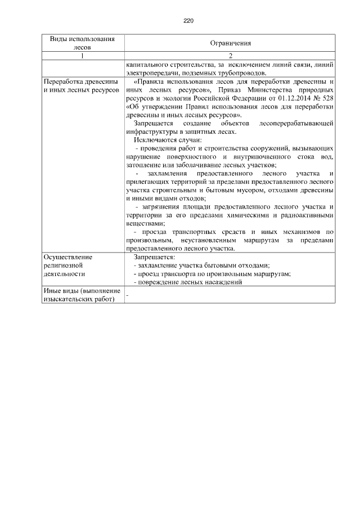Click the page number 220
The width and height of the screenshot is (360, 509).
click(188, 21)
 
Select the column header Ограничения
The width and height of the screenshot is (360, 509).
click(230, 43)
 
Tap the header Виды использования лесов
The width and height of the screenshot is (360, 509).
click(83, 43)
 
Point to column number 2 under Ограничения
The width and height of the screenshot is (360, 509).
click(230, 56)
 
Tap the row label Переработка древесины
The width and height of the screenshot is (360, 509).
click(80, 82)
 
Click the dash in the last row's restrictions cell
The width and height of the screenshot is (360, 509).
click(128, 295)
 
